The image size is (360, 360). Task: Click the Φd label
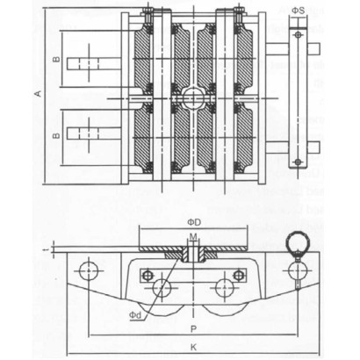click(x=136, y=313)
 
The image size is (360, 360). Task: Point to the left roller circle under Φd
click(x=161, y=287)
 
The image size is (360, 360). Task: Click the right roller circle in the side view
click(x=227, y=287)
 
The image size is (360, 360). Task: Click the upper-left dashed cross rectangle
click(x=88, y=62)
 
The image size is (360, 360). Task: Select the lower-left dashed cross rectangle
click(x=88, y=134)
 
